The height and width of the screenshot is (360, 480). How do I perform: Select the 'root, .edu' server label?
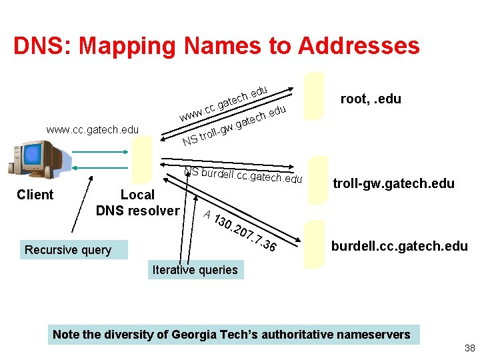click(x=371, y=99)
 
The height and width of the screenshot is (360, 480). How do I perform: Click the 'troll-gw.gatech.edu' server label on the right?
click(x=393, y=183)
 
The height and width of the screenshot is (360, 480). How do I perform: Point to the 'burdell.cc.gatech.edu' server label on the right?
click(x=399, y=246)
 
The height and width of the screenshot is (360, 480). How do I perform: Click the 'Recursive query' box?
click(x=68, y=250)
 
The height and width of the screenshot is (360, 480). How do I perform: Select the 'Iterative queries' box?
click(x=195, y=270)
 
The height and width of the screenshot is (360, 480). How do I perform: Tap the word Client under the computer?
click(x=35, y=195)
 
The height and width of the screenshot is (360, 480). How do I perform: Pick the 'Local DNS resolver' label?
click(x=137, y=203)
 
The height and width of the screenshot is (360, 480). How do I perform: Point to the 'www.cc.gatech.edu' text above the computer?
click(x=93, y=129)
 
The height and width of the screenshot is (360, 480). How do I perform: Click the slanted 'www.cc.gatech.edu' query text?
click(x=224, y=104)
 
